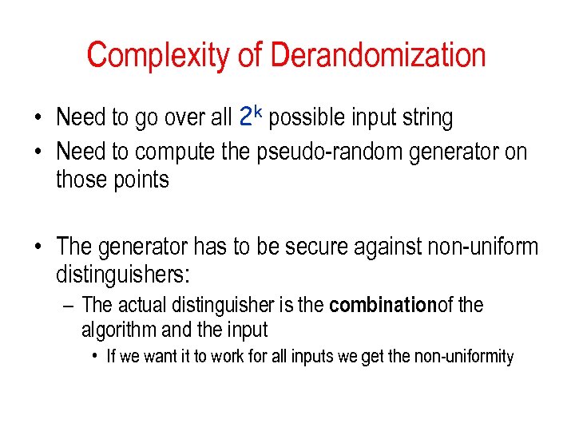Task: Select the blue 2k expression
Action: [x=252, y=117]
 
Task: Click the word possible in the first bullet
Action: [x=304, y=119]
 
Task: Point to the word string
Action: [x=428, y=119]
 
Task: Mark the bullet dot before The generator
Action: [x=38, y=248]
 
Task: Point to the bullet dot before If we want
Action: [x=95, y=357]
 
